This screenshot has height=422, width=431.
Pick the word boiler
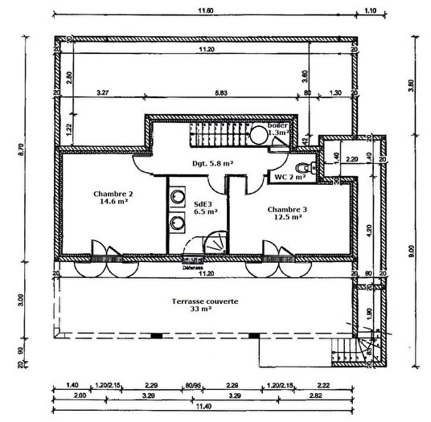[x=277, y=127]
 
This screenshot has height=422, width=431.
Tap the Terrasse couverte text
[x=204, y=301]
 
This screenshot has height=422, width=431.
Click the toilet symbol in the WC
[x=301, y=166]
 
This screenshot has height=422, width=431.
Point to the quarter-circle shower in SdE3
[x=213, y=242]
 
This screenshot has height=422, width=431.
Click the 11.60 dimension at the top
[x=206, y=11]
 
